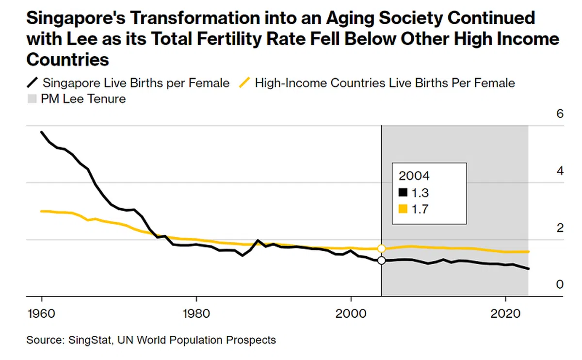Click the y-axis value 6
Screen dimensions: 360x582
[x=560, y=114]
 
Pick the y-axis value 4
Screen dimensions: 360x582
[x=560, y=171]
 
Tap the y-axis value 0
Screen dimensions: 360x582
[x=560, y=284]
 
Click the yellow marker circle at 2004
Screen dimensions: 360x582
[x=382, y=248]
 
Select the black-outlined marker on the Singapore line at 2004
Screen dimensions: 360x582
[x=382, y=261]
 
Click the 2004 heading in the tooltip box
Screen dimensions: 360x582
[x=414, y=176]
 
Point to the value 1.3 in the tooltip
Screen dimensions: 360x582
[x=420, y=193]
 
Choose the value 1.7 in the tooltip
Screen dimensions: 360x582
[x=420, y=209]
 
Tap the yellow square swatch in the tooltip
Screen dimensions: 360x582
[x=403, y=209]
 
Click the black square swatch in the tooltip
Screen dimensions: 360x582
[x=403, y=193]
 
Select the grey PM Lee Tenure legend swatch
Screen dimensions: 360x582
[x=32, y=99]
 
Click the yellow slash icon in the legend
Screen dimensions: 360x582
[x=245, y=83]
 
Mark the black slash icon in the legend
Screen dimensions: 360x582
[x=32, y=83]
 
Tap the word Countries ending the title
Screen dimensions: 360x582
[x=68, y=60]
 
